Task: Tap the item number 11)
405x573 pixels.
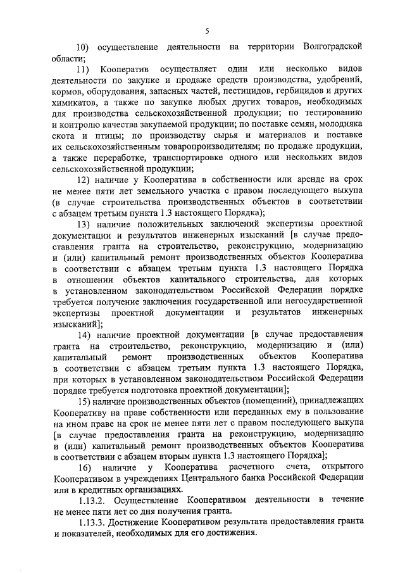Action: pyautogui.click(x=83, y=68)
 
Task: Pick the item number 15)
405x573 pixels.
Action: pyautogui.click(x=84, y=401)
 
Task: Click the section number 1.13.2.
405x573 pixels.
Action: pyautogui.click(x=92, y=500)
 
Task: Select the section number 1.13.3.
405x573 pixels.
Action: pyautogui.click(x=92, y=522)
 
